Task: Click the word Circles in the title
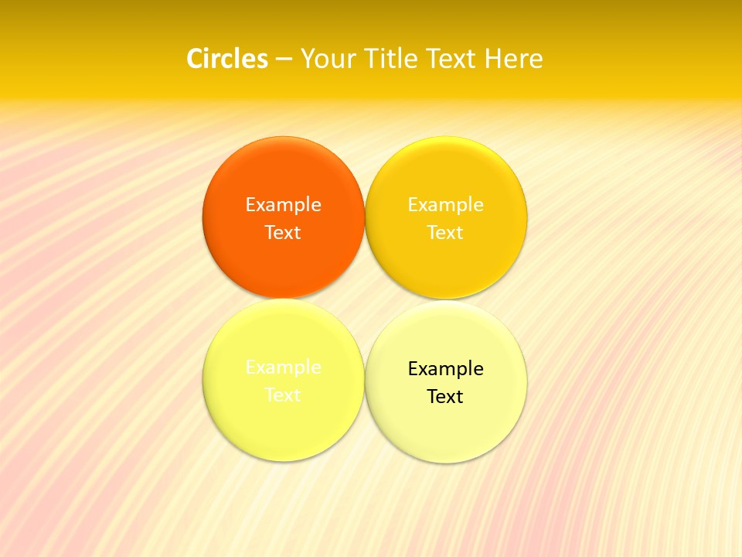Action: (x=227, y=59)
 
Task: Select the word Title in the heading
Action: (x=393, y=59)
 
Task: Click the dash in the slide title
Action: (x=284, y=60)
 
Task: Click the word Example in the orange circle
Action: (x=283, y=205)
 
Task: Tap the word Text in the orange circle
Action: (x=283, y=233)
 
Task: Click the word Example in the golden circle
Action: (x=445, y=205)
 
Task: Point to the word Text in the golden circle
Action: (x=445, y=233)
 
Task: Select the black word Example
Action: (x=445, y=369)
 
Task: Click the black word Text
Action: (x=445, y=397)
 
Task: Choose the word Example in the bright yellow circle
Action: (x=283, y=367)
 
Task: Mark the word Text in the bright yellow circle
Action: (x=283, y=395)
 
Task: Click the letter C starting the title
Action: (x=195, y=59)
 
